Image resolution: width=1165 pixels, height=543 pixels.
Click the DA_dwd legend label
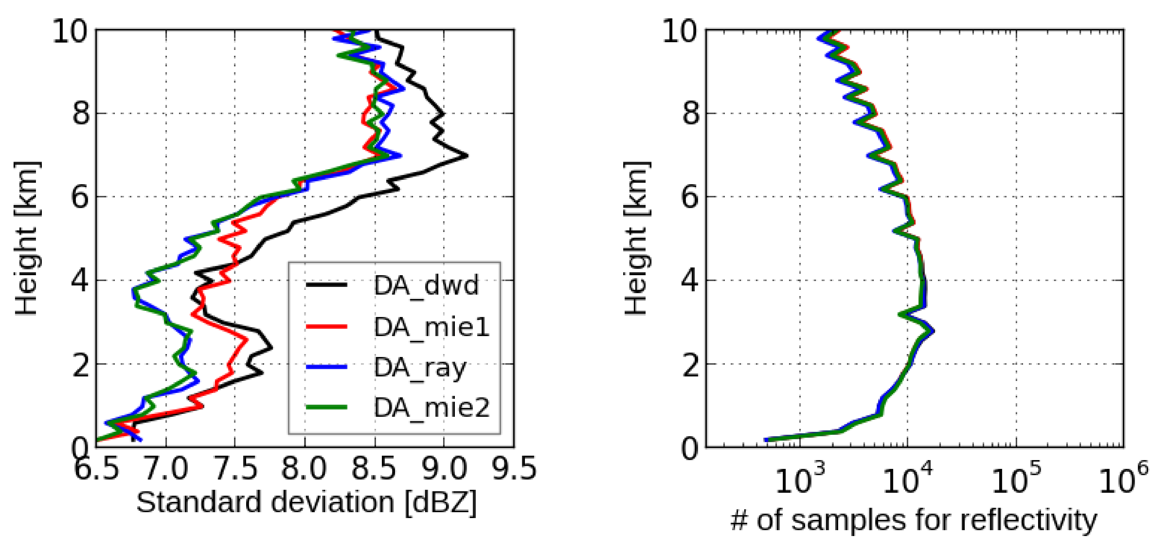(x=426, y=286)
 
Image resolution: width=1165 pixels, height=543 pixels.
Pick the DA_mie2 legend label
(x=431, y=408)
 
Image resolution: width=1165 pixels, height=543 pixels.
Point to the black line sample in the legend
(x=326, y=285)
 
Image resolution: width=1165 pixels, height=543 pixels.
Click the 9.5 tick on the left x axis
(x=514, y=469)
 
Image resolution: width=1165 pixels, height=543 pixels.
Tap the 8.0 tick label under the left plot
(x=304, y=469)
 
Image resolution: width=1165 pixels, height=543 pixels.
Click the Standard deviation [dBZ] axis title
(x=306, y=502)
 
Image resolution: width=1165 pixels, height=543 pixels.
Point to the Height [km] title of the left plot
(x=26, y=238)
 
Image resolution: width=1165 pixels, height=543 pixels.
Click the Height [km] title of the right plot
(x=636, y=238)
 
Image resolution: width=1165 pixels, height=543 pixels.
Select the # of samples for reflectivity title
(x=913, y=520)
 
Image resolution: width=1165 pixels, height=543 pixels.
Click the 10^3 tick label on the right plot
(x=800, y=480)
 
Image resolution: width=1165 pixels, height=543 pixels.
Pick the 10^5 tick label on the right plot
(x=1015, y=480)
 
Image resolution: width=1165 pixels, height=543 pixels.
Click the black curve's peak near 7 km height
(x=467, y=156)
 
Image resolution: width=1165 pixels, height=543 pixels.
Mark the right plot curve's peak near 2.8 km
(x=932, y=331)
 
